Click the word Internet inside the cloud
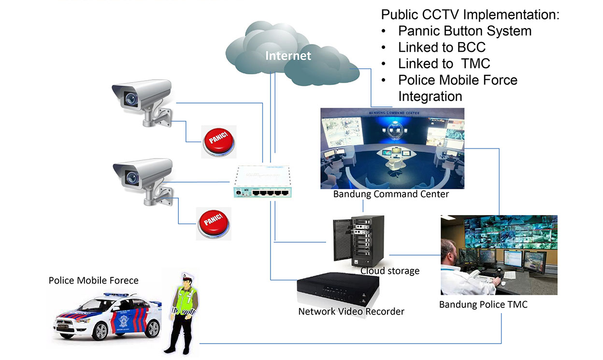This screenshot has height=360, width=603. coord(288,56)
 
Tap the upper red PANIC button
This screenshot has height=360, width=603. coord(219,141)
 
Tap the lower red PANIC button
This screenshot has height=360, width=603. coord(214,223)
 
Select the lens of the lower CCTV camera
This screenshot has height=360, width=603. coord(130,177)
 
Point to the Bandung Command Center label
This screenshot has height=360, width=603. coord(391,194)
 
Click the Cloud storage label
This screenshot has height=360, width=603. coord(390,271)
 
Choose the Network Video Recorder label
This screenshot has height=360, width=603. coord(351,311)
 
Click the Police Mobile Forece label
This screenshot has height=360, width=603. coord(93,280)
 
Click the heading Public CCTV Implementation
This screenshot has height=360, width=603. coord(470,14)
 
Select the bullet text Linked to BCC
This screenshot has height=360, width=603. coord(442,47)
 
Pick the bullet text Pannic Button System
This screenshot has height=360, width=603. coord(464,31)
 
